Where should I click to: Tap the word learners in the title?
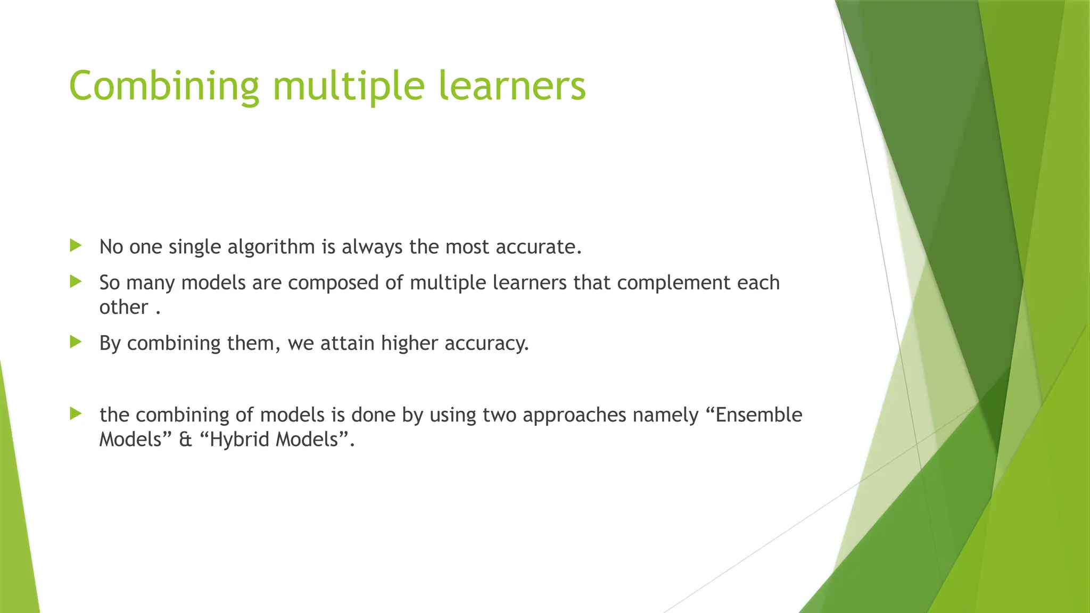point(512,86)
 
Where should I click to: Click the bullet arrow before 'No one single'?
point(76,245)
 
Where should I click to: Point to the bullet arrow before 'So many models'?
point(76,281)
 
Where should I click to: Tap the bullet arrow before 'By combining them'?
point(76,342)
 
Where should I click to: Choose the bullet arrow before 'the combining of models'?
point(76,413)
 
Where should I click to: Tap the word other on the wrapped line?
point(123,308)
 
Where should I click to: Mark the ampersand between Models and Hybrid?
point(185,440)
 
